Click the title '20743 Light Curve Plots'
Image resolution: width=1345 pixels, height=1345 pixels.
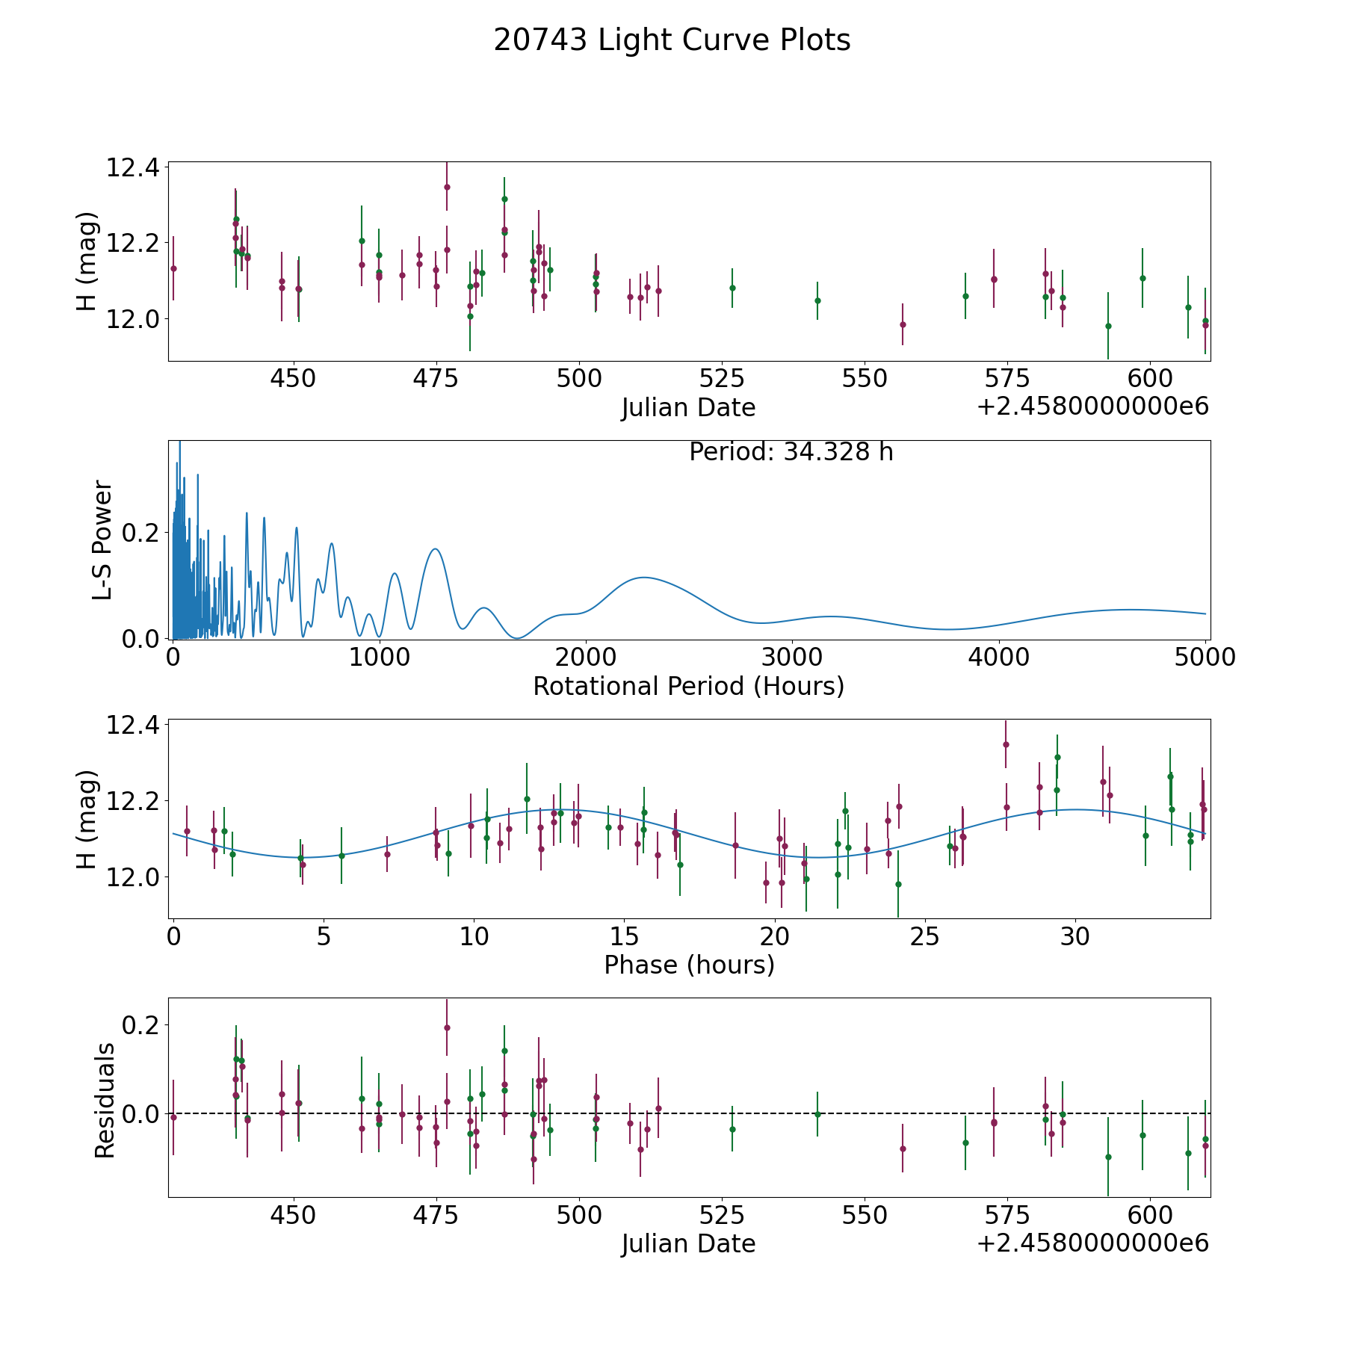672,40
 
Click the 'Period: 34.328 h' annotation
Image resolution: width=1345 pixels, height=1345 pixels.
791,452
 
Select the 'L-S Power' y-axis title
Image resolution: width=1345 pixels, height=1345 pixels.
103,540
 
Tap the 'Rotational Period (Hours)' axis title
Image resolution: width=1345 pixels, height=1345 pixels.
688,686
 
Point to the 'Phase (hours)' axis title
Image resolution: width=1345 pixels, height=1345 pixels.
689,965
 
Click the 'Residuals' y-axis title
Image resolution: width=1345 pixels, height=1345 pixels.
105,1100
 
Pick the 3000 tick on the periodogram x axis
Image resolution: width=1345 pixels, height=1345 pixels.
792,658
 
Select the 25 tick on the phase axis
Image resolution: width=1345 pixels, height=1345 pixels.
925,937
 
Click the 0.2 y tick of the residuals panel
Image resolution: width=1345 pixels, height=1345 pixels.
143,1024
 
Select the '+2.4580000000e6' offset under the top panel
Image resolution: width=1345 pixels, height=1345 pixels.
1092,407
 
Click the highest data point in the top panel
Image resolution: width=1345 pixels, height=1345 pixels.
447,187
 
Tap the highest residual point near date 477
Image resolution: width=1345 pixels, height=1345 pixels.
447,1027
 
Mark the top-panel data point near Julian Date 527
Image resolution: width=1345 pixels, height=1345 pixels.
732,288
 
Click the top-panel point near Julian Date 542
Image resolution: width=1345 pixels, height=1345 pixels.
817,300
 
